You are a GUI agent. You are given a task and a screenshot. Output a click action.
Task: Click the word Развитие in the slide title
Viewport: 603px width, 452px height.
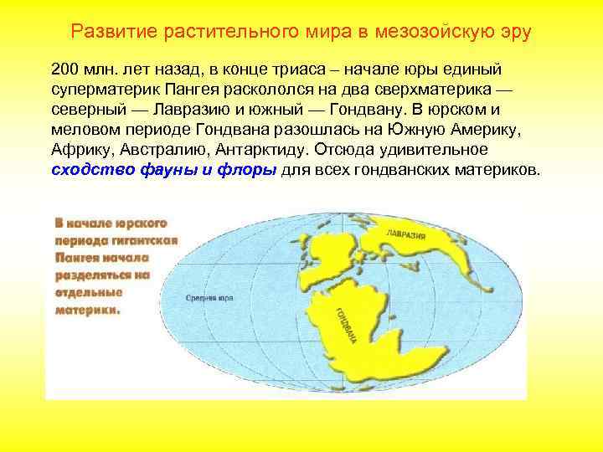(110, 33)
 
